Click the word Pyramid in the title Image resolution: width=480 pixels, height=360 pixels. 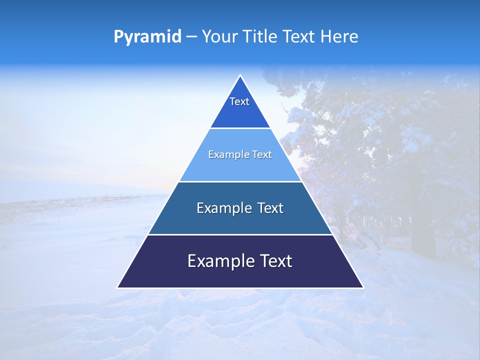tap(147, 36)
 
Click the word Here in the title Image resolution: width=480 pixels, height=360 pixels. tap(339, 36)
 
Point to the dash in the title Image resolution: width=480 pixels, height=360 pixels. tap(191, 37)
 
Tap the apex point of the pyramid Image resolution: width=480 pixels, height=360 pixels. tap(240, 76)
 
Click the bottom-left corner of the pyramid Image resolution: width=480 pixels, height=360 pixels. tap(118, 287)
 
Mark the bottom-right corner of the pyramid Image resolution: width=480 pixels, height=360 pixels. tap(363, 287)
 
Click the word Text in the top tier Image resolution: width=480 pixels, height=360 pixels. tap(239, 101)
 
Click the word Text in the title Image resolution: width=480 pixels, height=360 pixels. tap(300, 36)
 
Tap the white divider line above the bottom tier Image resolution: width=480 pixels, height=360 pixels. tap(240, 234)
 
